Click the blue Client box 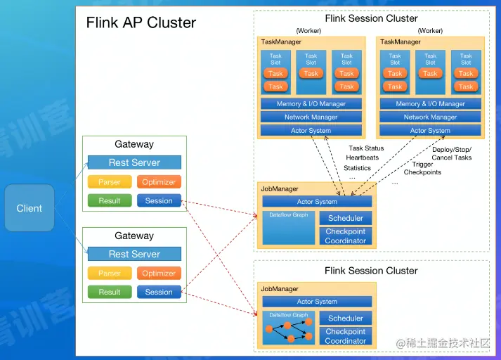pos(30,208)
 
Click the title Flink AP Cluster pos(141,22)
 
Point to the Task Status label pos(366,148)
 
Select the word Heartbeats pos(362,158)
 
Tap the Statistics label pos(357,168)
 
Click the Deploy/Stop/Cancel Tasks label pos(452,153)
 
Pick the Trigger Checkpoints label pos(422,168)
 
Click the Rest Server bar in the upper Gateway pos(134,162)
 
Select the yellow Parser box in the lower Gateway pos(109,274)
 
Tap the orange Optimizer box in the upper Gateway pos(159,182)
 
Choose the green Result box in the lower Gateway pos(109,292)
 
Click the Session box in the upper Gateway pos(159,200)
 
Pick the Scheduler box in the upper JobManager pos(346,218)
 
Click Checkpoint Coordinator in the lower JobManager pos(346,336)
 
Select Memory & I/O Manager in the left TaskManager pos(311,104)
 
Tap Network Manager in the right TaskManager pos(430,117)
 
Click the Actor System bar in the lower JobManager pos(317,302)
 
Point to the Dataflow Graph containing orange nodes pos(289,328)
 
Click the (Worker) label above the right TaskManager pos(430,31)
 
